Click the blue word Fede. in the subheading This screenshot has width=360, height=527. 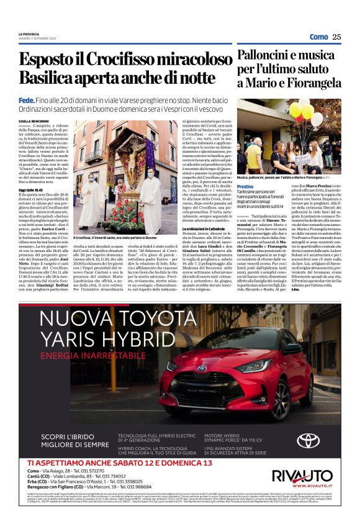point(27,101)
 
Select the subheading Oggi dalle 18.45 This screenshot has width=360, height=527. point(31,172)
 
